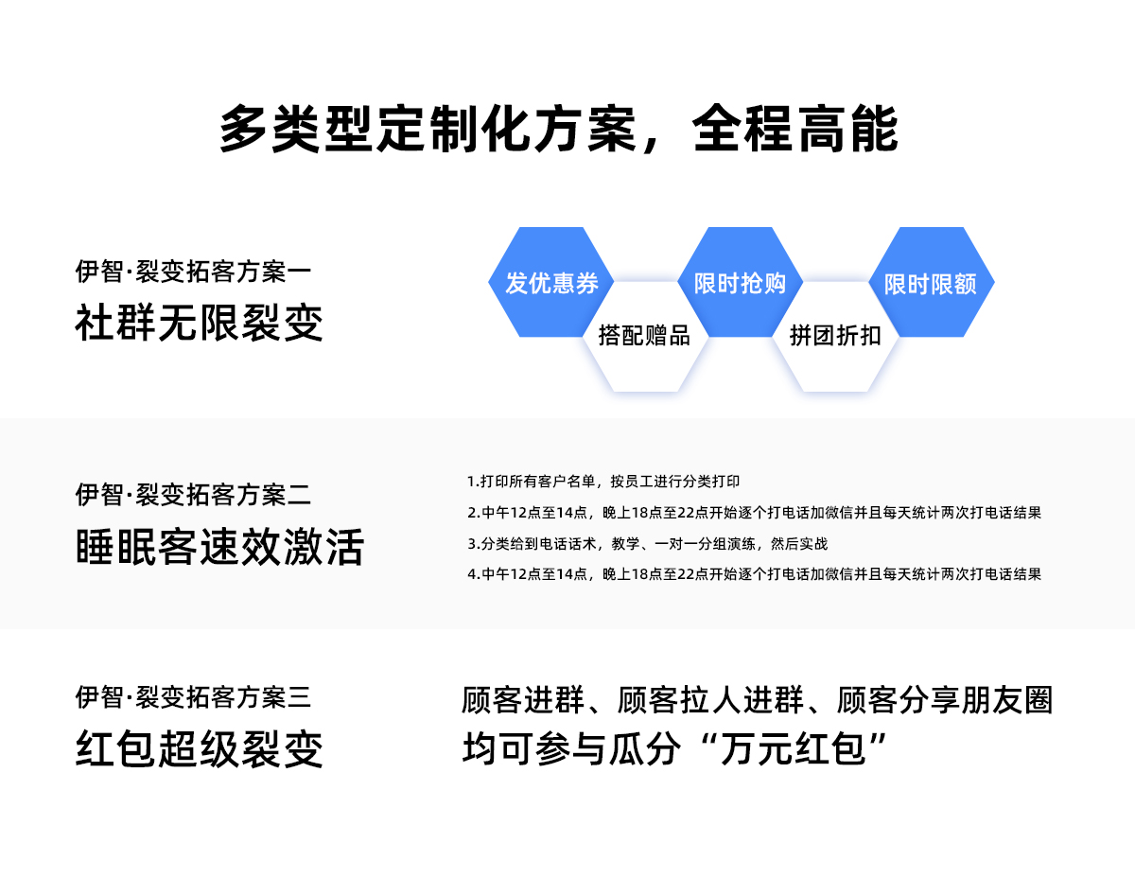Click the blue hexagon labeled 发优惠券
[x=551, y=283]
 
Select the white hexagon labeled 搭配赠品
[x=644, y=336]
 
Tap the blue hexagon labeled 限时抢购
[x=740, y=283]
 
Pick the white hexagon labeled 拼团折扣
[x=835, y=336]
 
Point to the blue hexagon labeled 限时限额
[x=931, y=283]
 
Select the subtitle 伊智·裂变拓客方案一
[x=193, y=272]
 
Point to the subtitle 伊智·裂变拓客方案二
[x=193, y=494]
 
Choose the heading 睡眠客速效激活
[x=219, y=547]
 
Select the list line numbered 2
[x=754, y=513]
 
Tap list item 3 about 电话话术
[x=647, y=544]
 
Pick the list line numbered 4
[x=754, y=574]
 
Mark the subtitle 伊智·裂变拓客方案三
[x=193, y=698]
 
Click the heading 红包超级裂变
[x=199, y=750]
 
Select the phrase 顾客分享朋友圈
[x=945, y=701]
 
